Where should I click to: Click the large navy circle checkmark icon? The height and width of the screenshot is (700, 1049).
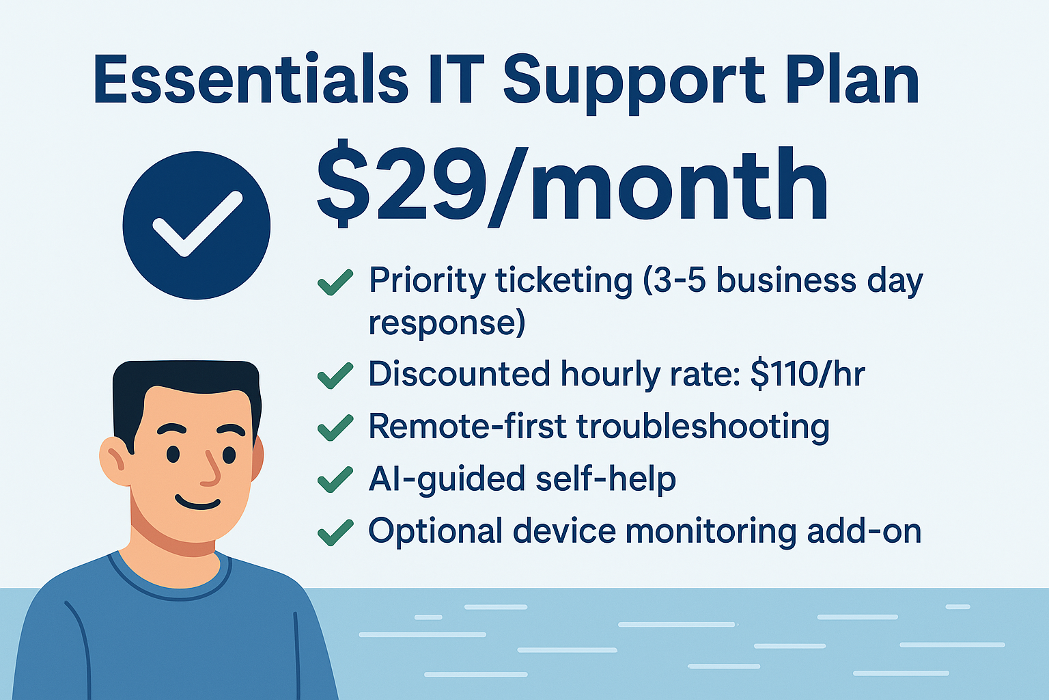(197, 225)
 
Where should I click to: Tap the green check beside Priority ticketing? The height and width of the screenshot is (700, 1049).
(335, 282)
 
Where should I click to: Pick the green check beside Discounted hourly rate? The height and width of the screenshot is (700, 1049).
(335, 375)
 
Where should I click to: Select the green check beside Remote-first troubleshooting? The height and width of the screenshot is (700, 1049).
(335, 427)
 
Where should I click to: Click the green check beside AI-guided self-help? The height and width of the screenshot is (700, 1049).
(335, 479)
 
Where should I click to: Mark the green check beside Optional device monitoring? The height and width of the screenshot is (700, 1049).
(335, 532)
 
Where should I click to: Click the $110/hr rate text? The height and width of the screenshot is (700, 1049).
(807, 375)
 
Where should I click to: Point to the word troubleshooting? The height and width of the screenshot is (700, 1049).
(703, 427)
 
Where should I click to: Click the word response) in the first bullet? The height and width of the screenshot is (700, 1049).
(447, 323)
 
